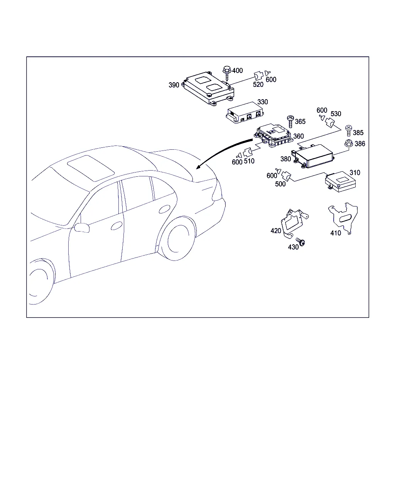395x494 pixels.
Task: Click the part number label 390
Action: point(174,85)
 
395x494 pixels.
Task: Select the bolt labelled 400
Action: point(227,73)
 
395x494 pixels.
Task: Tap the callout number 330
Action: point(263,102)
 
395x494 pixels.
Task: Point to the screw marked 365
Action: point(290,122)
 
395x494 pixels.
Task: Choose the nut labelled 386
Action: point(349,144)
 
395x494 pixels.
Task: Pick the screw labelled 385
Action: point(349,130)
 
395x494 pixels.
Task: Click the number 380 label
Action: point(285,159)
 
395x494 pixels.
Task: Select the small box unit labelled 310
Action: point(340,182)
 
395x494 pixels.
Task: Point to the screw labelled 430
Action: point(300,242)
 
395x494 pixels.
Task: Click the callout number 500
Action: point(280,184)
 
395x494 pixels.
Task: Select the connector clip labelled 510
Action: point(248,152)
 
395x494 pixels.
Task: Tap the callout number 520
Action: point(258,85)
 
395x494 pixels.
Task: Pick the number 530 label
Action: point(336,113)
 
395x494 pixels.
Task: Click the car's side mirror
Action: point(82,227)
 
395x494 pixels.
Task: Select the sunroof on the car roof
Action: point(91,168)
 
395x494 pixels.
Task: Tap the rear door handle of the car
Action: point(164,209)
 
